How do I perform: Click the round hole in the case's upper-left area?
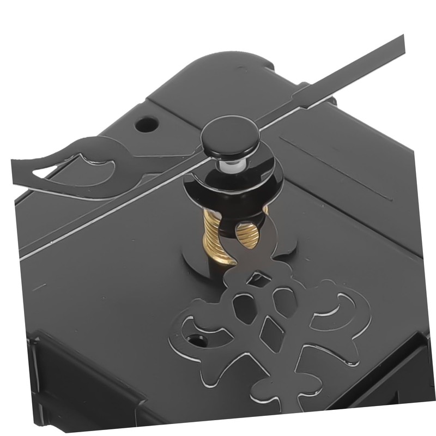pos(145,124)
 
